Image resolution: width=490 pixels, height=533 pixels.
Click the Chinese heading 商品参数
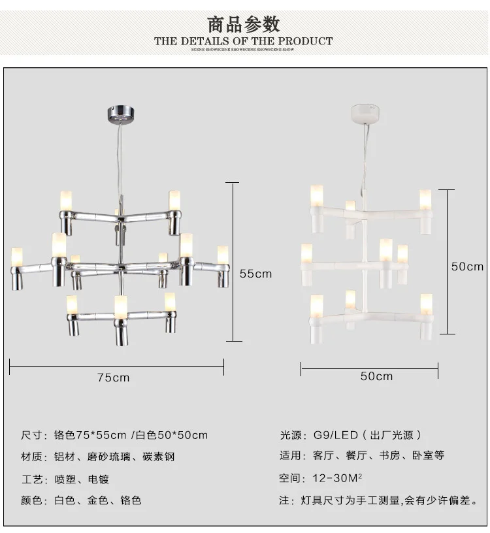click(244, 24)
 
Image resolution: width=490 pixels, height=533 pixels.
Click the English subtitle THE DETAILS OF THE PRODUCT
click(244, 41)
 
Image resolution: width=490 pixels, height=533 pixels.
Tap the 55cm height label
click(255, 274)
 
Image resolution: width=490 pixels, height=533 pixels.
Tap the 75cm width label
click(114, 377)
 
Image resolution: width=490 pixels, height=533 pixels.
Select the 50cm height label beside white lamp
click(468, 266)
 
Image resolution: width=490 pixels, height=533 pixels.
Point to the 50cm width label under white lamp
click(377, 376)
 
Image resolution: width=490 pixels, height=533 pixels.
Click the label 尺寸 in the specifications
click(31, 435)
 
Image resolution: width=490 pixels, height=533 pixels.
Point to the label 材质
click(31, 457)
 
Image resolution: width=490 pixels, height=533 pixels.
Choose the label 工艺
click(31, 479)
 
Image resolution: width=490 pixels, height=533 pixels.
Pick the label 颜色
click(31, 501)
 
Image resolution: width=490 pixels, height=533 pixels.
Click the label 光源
click(289, 435)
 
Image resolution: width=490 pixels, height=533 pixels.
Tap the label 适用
click(289, 456)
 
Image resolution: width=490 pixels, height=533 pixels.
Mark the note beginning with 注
click(378, 501)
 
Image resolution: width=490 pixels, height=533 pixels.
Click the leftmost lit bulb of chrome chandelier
click(17, 256)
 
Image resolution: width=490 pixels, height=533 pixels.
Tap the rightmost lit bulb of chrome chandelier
click(223, 255)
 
